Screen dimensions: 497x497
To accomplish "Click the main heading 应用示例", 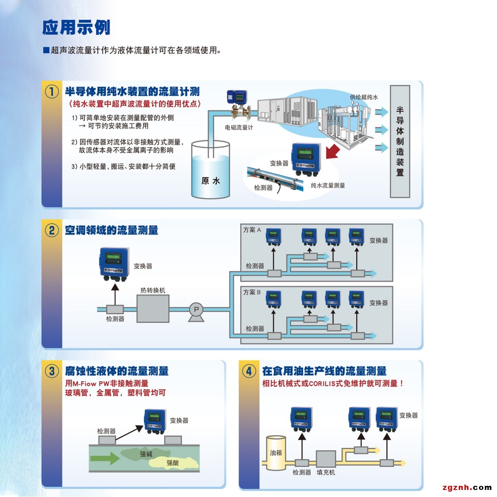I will point(76,28).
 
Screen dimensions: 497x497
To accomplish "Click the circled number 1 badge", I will point(52,92).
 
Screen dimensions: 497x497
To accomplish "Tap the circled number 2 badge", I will point(52,230).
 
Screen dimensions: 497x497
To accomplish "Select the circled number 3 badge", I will point(52,371).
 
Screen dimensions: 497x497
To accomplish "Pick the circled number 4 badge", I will point(249,371).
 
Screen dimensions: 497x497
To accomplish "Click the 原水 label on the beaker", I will point(210,181).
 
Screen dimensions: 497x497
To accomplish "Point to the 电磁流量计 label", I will point(239,128).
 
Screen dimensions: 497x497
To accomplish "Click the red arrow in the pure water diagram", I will point(333,151).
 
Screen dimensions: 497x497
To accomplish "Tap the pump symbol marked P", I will point(196,310).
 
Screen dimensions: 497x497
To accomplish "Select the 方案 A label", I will point(252,230).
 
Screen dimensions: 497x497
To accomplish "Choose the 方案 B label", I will point(252,292).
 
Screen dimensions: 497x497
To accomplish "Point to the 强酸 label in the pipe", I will point(173,463).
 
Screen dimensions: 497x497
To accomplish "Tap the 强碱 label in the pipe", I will point(146,454).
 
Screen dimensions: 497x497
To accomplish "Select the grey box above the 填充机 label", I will point(326,459).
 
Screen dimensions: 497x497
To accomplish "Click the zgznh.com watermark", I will point(467,487).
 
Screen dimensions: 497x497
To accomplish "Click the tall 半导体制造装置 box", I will point(400,141).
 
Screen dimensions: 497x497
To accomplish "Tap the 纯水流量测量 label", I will point(328,186).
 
